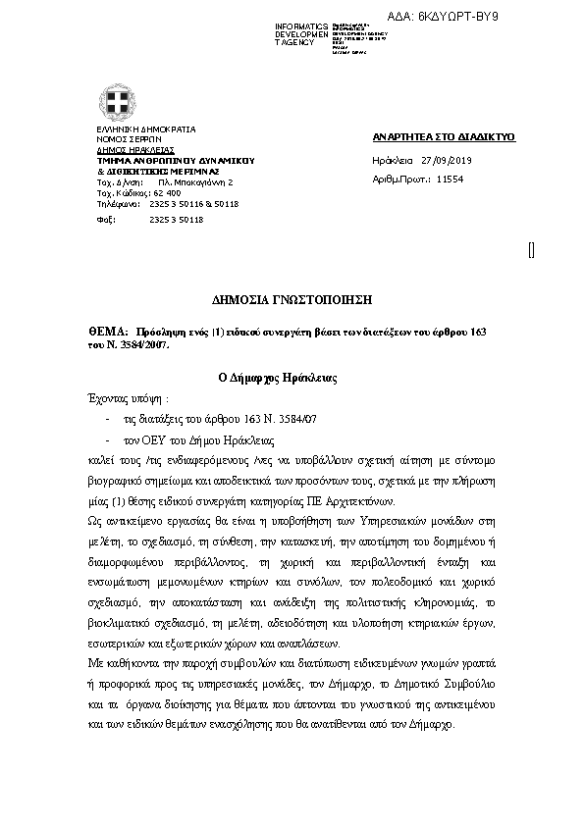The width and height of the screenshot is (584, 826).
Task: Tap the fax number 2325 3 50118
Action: pyautogui.click(x=176, y=220)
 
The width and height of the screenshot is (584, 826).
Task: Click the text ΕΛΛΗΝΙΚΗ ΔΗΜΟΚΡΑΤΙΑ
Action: pyautogui.click(x=145, y=129)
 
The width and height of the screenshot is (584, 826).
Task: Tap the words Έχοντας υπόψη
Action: pyautogui.click(x=122, y=399)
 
